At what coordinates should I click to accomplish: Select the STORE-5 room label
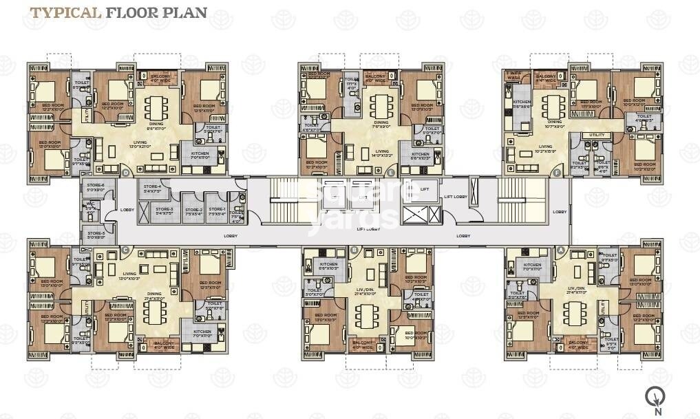[96, 234]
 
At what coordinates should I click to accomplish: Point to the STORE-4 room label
[152, 188]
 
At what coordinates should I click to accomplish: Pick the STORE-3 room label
[164, 211]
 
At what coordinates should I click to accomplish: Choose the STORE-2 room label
[193, 211]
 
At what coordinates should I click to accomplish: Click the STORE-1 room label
[217, 211]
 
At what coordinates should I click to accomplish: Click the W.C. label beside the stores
[90, 204]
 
